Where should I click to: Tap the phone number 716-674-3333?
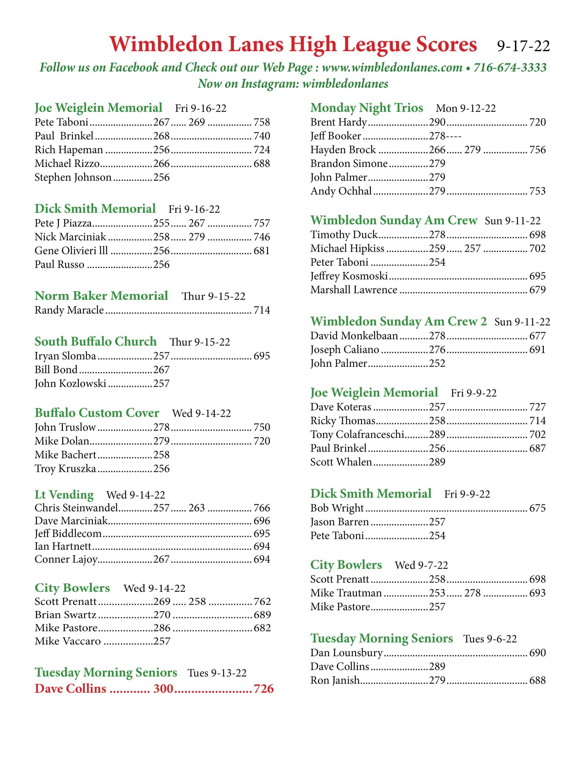(x=510, y=67)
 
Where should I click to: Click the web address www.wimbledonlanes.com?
(x=392, y=67)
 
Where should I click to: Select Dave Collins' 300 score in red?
(x=163, y=688)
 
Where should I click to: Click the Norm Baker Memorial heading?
(x=101, y=296)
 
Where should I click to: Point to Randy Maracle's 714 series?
(x=262, y=310)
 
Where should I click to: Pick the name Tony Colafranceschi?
(x=357, y=435)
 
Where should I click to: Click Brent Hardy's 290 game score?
(x=437, y=122)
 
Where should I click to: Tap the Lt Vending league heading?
(x=64, y=495)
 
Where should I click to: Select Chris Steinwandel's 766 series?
(x=262, y=508)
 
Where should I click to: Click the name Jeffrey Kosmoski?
(x=349, y=276)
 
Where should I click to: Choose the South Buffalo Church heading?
(x=96, y=341)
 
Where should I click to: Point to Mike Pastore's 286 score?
(x=162, y=628)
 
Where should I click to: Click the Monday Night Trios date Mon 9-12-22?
(x=466, y=108)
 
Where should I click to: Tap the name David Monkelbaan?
(x=354, y=336)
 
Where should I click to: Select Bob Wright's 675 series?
(x=538, y=508)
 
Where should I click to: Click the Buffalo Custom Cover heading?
(x=97, y=413)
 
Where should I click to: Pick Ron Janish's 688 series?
(x=538, y=680)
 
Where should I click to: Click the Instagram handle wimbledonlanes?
(x=345, y=84)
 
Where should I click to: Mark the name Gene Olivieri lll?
(x=71, y=251)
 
